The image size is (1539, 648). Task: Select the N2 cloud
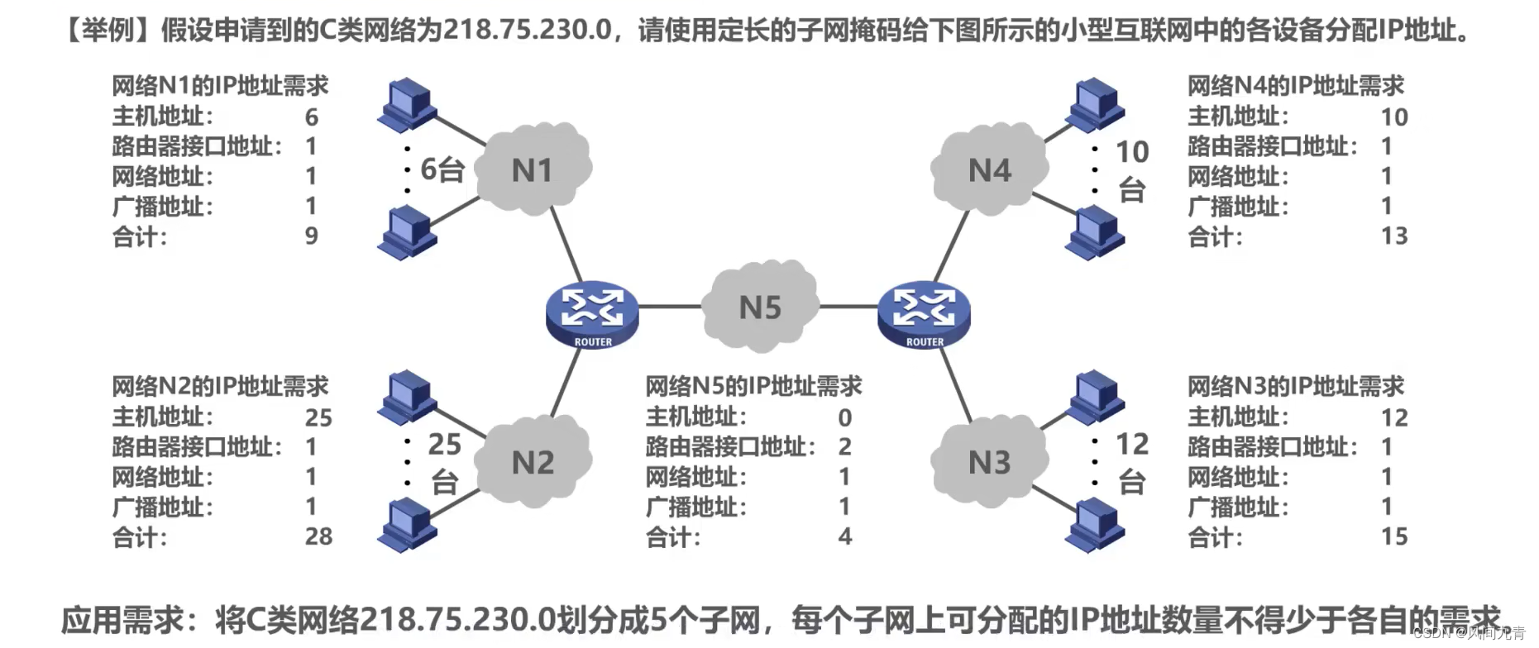coord(533,461)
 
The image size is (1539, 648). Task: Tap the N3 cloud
coord(989,461)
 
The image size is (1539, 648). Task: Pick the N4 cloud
coord(989,169)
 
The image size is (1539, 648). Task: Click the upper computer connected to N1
coord(407,104)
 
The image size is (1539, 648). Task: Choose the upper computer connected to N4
coord(1095,104)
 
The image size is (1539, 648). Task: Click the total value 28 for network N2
coord(318,536)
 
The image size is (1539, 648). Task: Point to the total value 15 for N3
coord(1394,536)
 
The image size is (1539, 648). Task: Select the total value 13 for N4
coord(1394,236)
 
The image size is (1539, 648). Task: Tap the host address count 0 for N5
coord(844,417)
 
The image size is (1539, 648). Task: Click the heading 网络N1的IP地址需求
coord(220,85)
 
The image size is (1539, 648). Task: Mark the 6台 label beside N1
coord(442,169)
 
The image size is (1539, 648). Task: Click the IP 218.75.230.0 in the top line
coord(527,30)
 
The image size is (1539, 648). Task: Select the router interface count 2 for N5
coord(844,447)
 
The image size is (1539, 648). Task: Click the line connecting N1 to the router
coord(566,244)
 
